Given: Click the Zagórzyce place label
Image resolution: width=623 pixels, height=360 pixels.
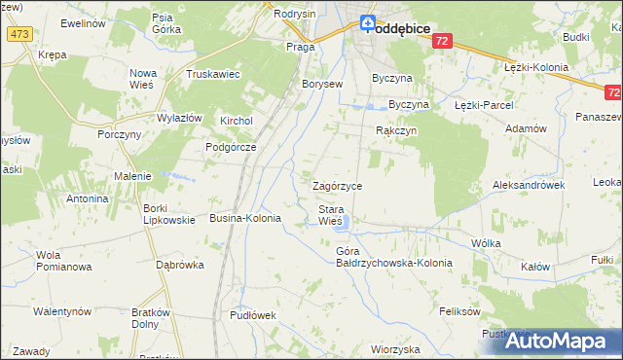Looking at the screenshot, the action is pyautogui.click(x=337, y=185).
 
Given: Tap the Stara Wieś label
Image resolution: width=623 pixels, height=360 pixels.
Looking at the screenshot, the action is pyautogui.click(x=331, y=215).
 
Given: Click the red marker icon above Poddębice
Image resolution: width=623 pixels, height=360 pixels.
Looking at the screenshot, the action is pyautogui.click(x=368, y=22).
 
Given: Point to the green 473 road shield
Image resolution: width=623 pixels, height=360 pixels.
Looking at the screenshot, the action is pyautogui.click(x=18, y=34).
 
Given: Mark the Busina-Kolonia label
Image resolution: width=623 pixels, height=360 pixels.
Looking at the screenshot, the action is pyautogui.click(x=245, y=219).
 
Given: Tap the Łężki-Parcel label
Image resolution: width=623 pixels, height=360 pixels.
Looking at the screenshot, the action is pyautogui.click(x=484, y=104).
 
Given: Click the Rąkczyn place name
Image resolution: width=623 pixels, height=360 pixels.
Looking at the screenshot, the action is pyautogui.click(x=396, y=129).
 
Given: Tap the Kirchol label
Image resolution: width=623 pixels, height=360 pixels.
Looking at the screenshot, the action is pyautogui.click(x=237, y=121).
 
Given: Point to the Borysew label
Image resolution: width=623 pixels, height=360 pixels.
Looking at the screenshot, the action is pyautogui.click(x=323, y=85).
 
